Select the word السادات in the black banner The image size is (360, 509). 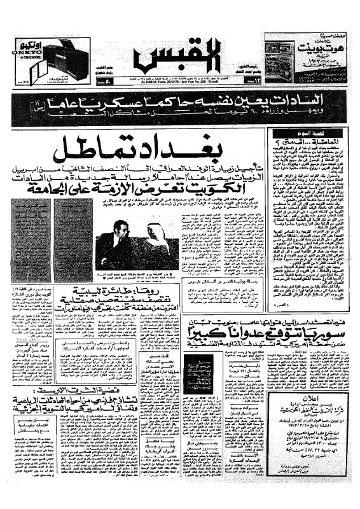319,101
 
